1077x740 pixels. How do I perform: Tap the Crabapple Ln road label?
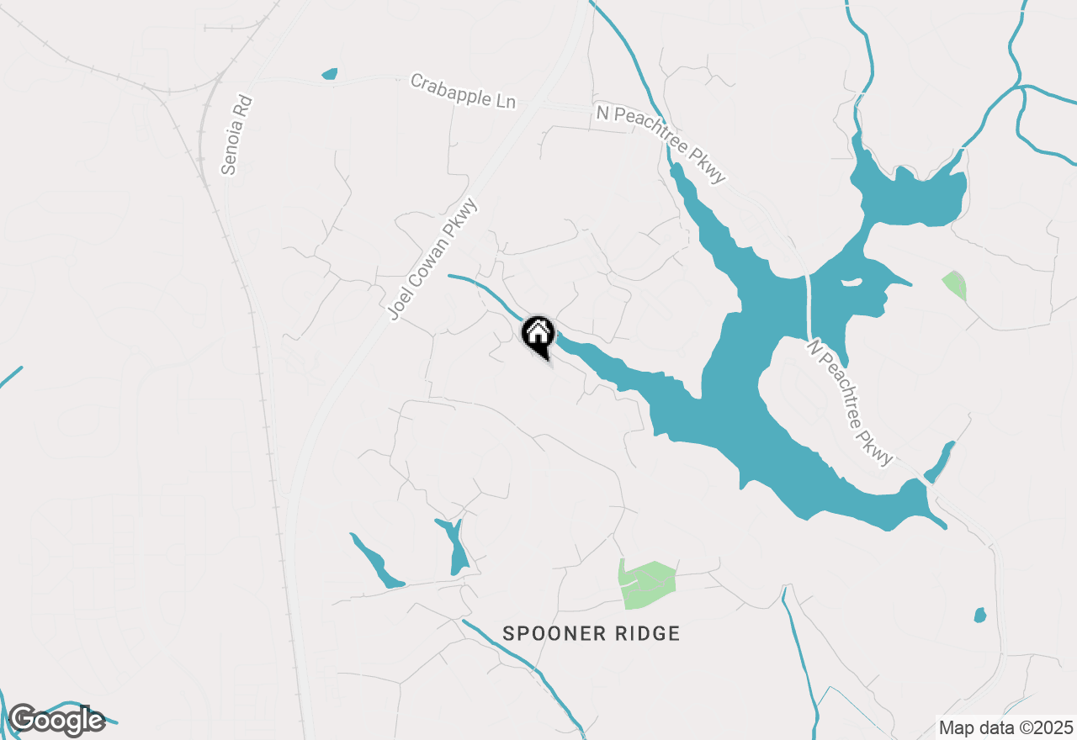pyautogui.click(x=462, y=91)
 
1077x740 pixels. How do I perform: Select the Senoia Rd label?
pyautogui.click(x=237, y=135)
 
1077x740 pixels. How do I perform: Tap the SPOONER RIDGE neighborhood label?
pyautogui.click(x=591, y=633)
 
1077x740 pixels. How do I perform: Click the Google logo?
pyautogui.click(x=56, y=721)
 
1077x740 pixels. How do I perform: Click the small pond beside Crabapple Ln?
pyautogui.click(x=329, y=74)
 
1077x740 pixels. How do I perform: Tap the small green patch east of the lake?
pyautogui.click(x=954, y=284)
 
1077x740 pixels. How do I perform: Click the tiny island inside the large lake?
pyautogui.click(x=851, y=282)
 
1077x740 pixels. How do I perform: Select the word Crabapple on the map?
pyautogui.click(x=447, y=87)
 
